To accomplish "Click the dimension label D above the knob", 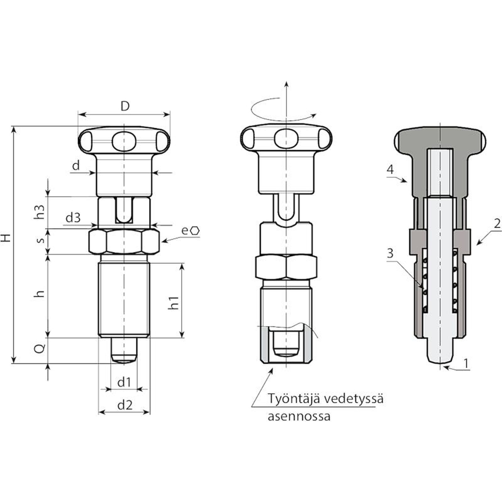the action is [125, 106].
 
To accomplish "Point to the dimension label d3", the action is [73, 217].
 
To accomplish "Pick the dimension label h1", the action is [173, 302].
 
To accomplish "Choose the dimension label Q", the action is [40, 348].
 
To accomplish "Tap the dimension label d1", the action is [124, 382].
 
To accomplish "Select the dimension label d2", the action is [125, 405].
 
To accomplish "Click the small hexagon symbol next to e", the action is [195, 231].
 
